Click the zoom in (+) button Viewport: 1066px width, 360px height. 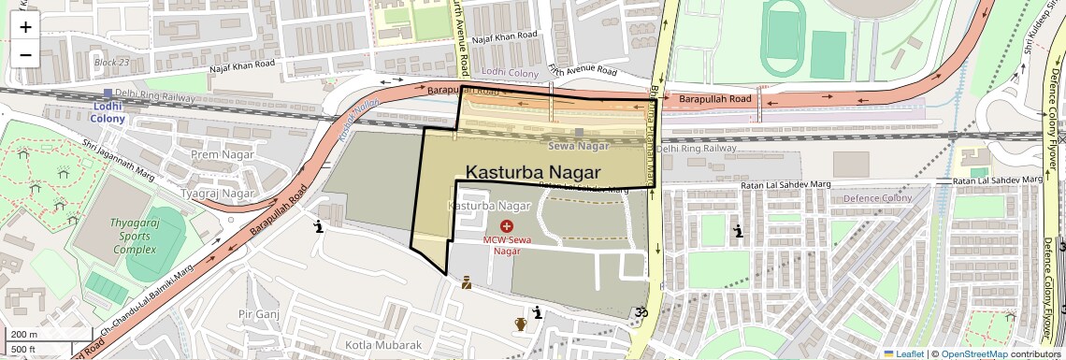click(x=25, y=27)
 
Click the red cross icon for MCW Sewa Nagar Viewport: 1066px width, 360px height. click(x=507, y=226)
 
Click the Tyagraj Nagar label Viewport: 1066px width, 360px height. click(x=218, y=194)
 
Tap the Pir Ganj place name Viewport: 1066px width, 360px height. click(x=259, y=314)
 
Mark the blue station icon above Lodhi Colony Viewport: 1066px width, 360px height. click(x=108, y=94)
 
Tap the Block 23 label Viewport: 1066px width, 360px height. click(x=112, y=63)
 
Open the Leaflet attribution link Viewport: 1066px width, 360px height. click(x=903, y=353)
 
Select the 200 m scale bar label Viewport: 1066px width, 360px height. click(x=23, y=335)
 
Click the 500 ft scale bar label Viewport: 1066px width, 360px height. click(x=23, y=350)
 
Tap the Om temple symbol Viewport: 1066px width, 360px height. click(x=641, y=313)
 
